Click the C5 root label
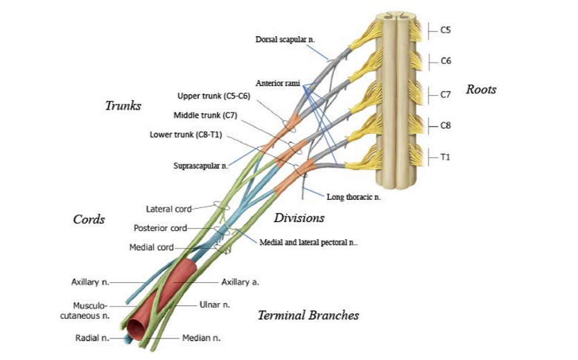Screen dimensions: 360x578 446,31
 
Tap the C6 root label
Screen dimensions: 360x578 446,61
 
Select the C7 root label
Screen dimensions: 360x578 446,94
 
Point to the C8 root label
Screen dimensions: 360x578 446,126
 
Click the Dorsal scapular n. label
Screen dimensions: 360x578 285,40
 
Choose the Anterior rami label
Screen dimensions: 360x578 277,83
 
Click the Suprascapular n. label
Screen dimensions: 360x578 200,166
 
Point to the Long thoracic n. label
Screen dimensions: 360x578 353,198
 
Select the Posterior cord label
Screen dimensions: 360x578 160,228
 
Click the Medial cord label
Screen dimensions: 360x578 151,247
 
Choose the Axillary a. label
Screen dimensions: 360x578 240,282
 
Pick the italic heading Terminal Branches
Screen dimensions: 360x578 308,316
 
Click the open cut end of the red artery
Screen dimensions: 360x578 132,327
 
